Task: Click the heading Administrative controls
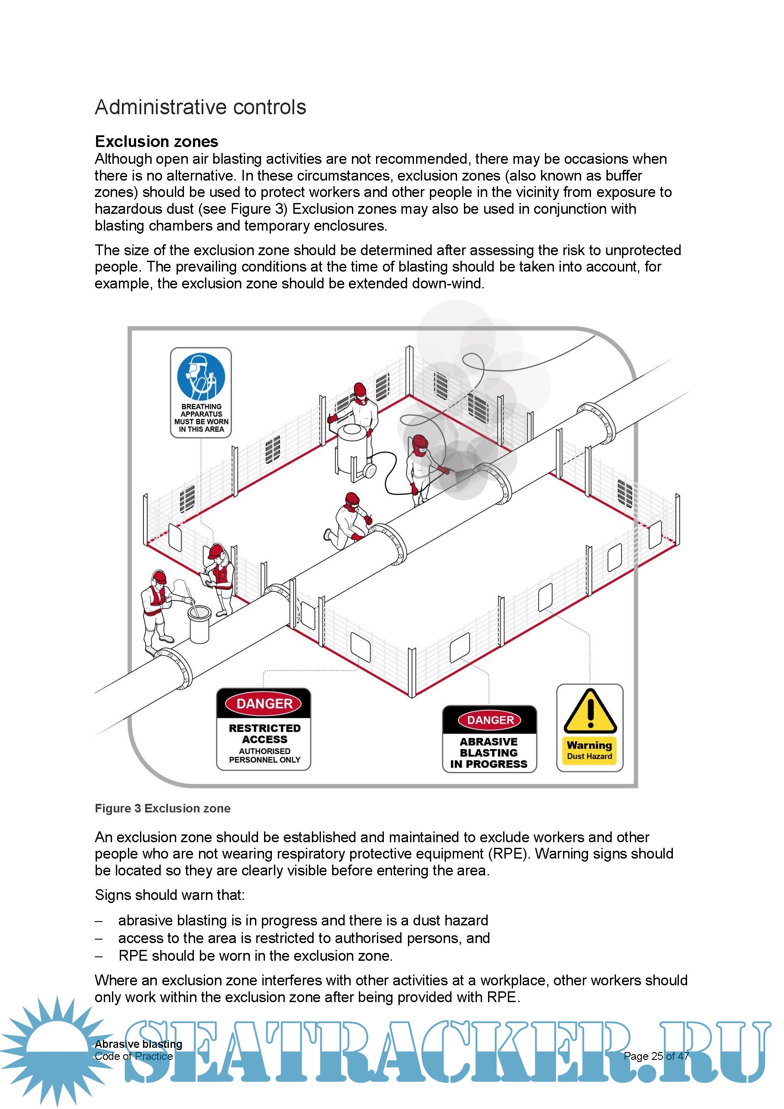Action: point(200,107)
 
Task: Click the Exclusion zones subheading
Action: point(156,141)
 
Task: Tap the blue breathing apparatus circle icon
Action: point(201,377)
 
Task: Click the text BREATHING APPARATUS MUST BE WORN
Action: point(201,418)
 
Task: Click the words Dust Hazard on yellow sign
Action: point(589,756)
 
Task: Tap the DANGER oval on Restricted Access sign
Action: point(264,704)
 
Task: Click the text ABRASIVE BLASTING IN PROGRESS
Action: point(488,753)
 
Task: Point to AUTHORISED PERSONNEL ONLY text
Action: point(264,756)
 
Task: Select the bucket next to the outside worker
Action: point(199,624)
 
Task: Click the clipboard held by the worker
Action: point(208,579)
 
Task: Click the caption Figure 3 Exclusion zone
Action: point(162,809)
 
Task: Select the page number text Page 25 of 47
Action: point(656,1056)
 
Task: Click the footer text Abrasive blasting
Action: point(139,1044)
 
